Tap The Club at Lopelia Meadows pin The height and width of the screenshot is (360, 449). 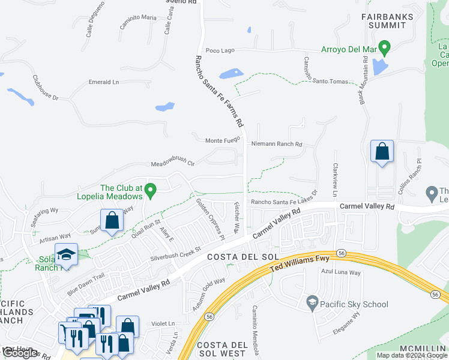pos(151,191)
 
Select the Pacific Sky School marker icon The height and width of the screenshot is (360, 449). pos(312,304)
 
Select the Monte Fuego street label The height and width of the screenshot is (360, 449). pos(223,140)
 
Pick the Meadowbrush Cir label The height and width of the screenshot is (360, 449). pos(173,162)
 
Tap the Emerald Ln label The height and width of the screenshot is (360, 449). pos(104,82)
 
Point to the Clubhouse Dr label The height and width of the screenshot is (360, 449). pos(45,88)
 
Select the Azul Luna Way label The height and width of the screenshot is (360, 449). pos(340,272)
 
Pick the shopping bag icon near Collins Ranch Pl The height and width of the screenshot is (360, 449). pos(382,153)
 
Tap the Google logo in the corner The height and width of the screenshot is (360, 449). pos(20,352)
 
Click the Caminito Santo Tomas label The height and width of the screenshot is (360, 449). pos(307,71)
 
